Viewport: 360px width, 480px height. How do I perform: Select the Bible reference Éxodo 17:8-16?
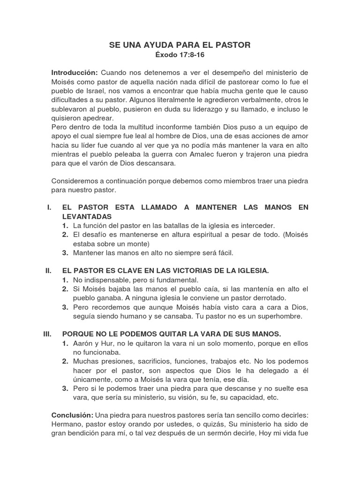tap(180, 55)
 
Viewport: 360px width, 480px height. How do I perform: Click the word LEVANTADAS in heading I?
tap(87, 217)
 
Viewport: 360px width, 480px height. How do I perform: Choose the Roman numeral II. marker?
tap(48, 271)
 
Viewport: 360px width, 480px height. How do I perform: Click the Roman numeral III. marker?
tap(47, 334)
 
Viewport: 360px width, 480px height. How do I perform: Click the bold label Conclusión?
tap(72, 416)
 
